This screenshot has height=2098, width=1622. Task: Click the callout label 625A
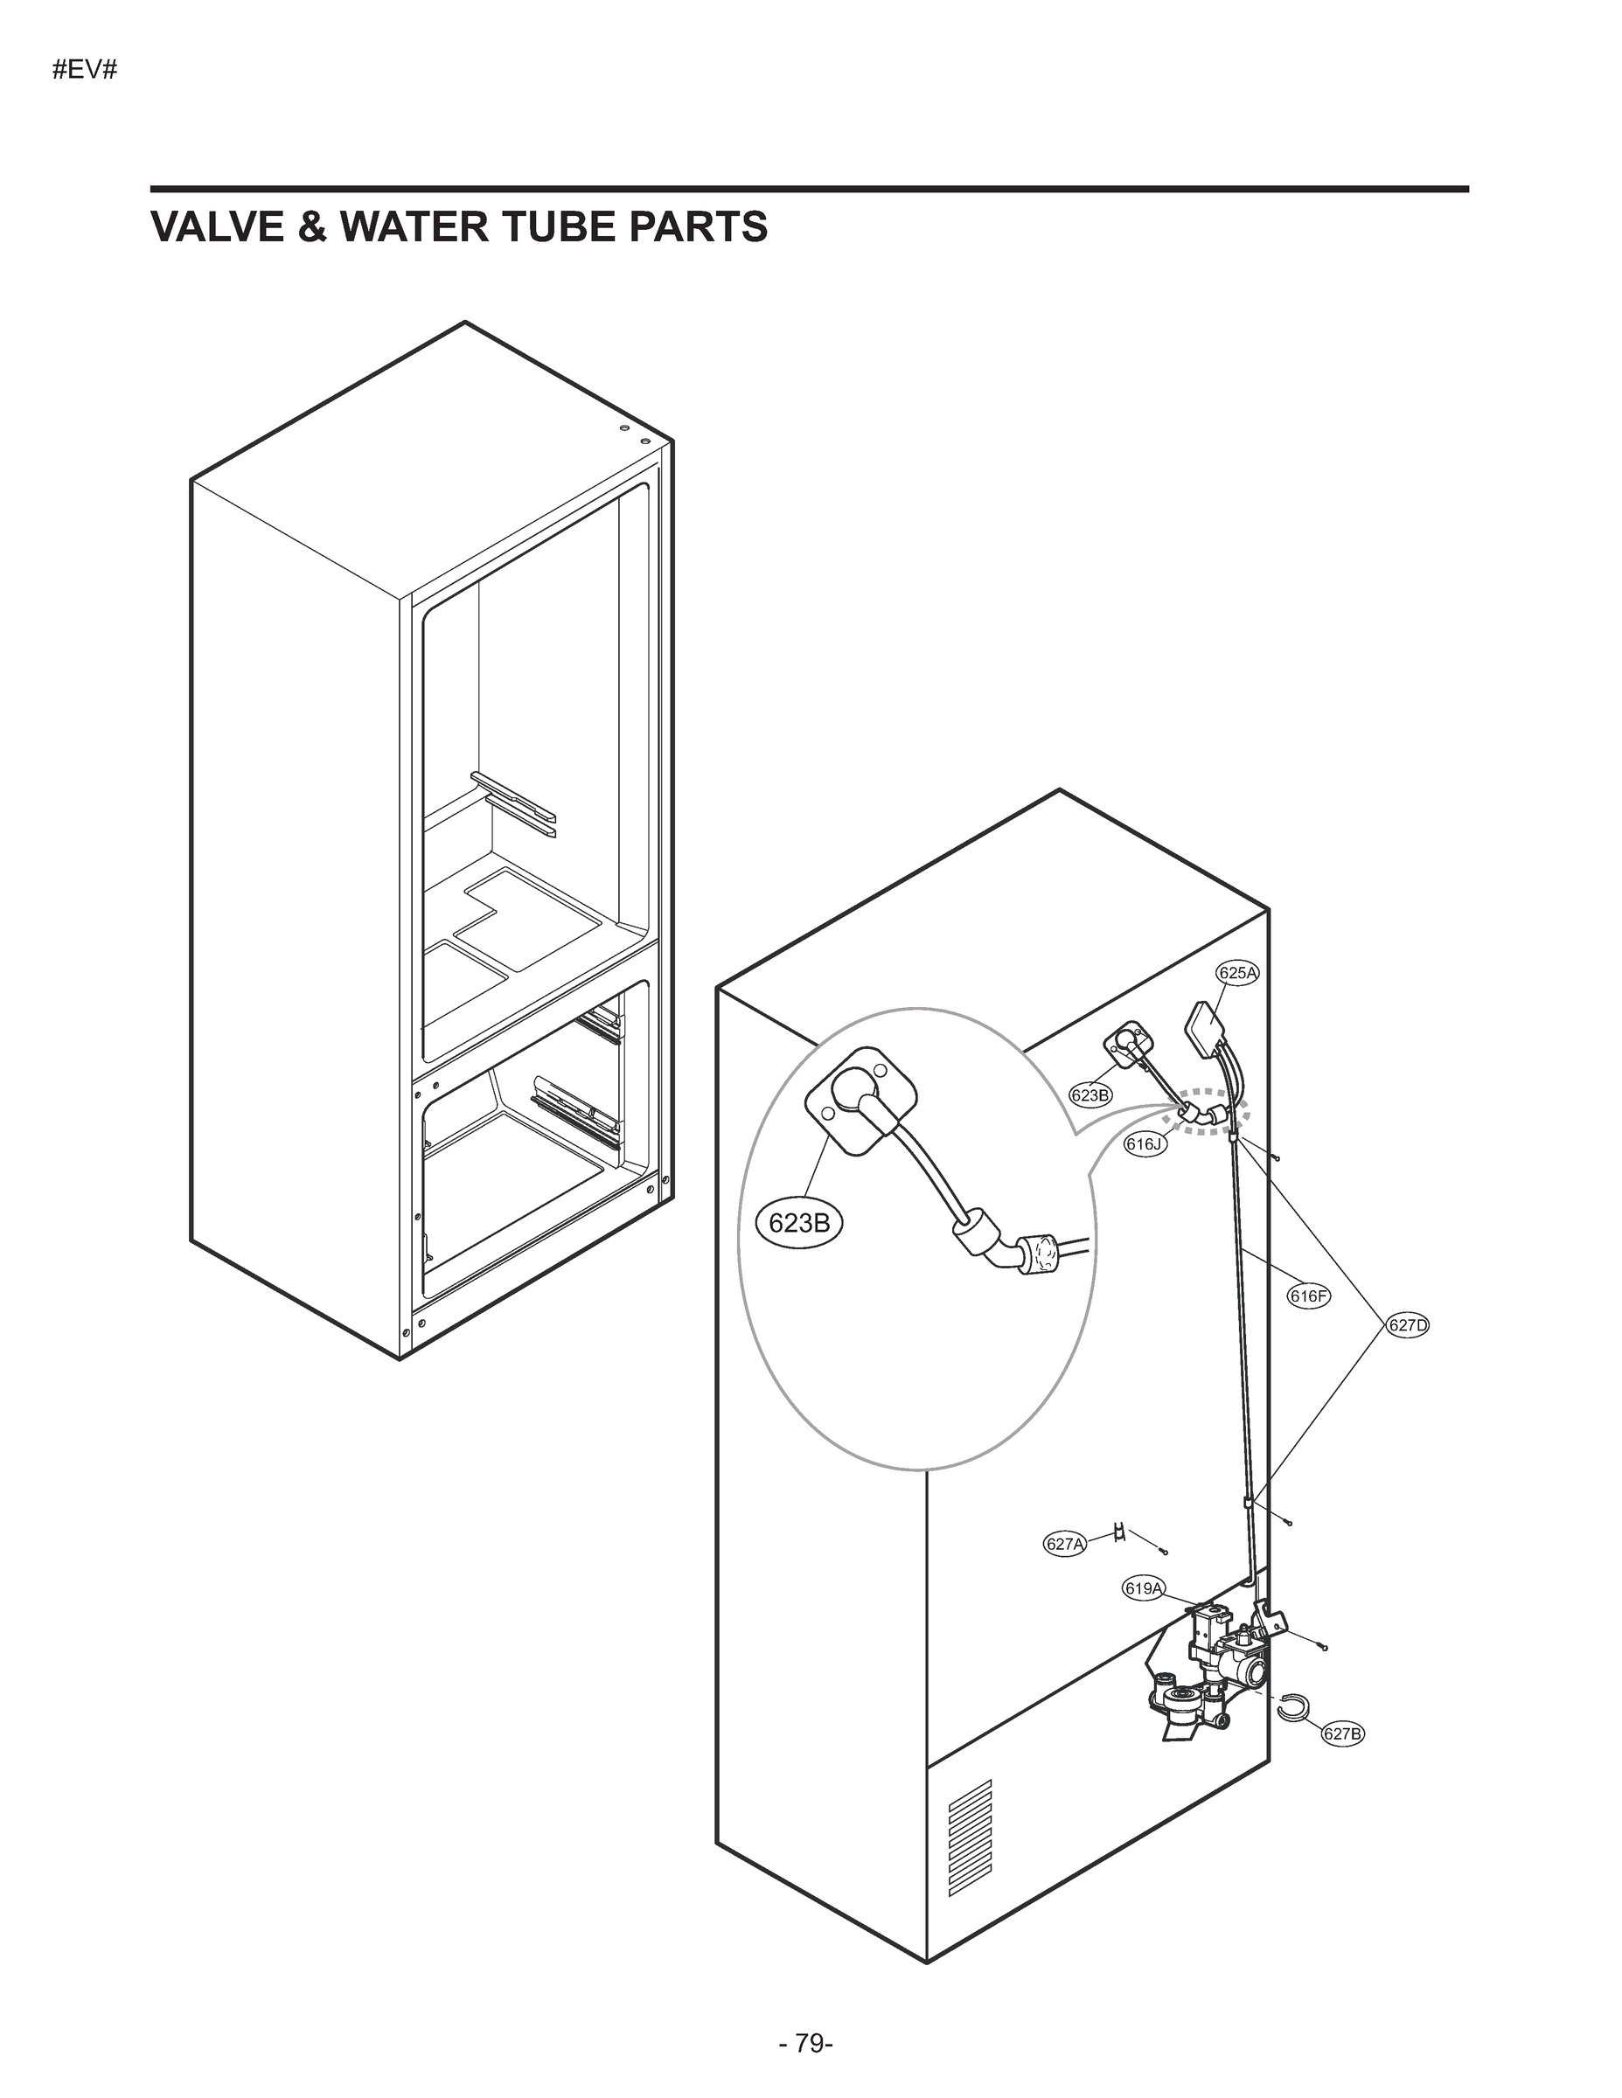coord(1237,972)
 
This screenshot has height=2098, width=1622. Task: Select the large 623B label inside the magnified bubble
coord(799,1224)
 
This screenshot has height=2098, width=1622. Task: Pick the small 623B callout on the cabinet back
coord(1090,1094)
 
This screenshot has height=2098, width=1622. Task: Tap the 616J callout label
coord(1145,1144)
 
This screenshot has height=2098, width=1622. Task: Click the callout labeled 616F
coord(1309,1296)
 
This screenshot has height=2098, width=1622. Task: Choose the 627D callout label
coord(1408,1325)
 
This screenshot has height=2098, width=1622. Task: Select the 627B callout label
coord(1342,1733)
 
